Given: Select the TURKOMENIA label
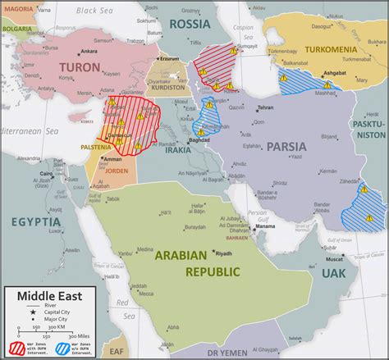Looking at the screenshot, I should (x=332, y=50).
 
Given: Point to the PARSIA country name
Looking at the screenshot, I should (x=286, y=147).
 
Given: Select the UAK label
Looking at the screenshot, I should (x=334, y=272).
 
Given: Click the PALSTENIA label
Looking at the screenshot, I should (x=96, y=148).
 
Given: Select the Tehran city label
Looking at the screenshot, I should (x=264, y=107).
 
